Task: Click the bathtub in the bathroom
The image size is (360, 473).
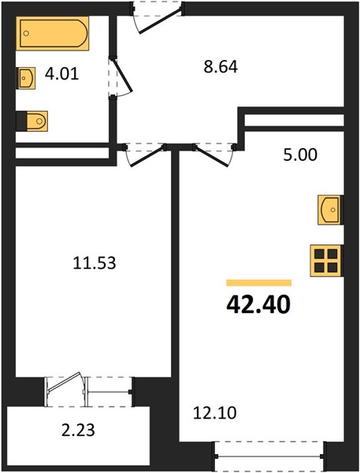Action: pyautogui.click(x=54, y=33)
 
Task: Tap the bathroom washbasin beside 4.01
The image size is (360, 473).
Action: pyautogui.click(x=27, y=78)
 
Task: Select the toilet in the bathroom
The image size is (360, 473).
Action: pyautogui.click(x=37, y=121)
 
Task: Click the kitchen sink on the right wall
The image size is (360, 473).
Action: pyautogui.click(x=329, y=210)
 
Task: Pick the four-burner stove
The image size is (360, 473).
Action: pyautogui.click(x=325, y=261)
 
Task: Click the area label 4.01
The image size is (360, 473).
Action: pyautogui.click(x=61, y=74)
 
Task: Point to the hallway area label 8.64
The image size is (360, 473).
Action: pyautogui.click(x=221, y=67)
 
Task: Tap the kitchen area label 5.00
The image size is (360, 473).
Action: pyautogui.click(x=300, y=155)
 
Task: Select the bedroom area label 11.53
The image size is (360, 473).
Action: pyautogui.click(x=95, y=263)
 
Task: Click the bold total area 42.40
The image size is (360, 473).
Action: pyautogui.click(x=258, y=304)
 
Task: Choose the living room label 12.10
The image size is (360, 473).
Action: pyautogui.click(x=214, y=413)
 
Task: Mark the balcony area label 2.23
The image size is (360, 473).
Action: pyautogui.click(x=78, y=430)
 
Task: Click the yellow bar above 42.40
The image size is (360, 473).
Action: pyautogui.click(x=259, y=283)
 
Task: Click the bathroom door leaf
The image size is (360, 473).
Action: pyautogui.click(x=122, y=75)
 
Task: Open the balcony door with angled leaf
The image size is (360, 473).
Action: pyautogui.click(x=65, y=382)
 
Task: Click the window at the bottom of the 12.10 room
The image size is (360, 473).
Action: pyautogui.click(x=269, y=456)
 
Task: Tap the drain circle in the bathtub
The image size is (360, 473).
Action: pyautogui.click(x=26, y=33)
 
